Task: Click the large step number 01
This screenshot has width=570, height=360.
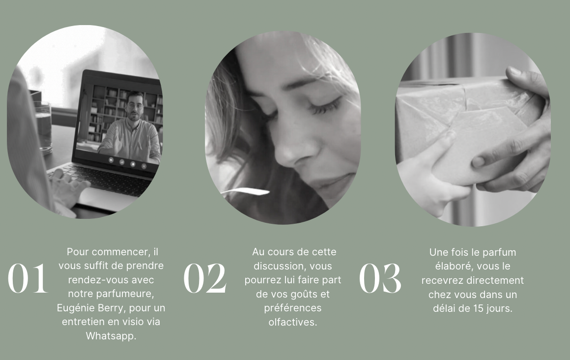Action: point(28,278)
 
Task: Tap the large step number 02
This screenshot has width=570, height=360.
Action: point(205,278)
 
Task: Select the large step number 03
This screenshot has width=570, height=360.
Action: point(380,278)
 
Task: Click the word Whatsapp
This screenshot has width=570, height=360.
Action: point(111,335)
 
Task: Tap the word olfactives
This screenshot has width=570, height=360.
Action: point(293,322)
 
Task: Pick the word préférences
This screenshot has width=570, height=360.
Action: point(293,308)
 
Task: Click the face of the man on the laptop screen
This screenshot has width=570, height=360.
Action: point(135,107)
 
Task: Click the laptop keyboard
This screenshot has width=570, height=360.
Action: point(104,179)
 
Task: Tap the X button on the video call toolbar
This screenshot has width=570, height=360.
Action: point(144,166)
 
